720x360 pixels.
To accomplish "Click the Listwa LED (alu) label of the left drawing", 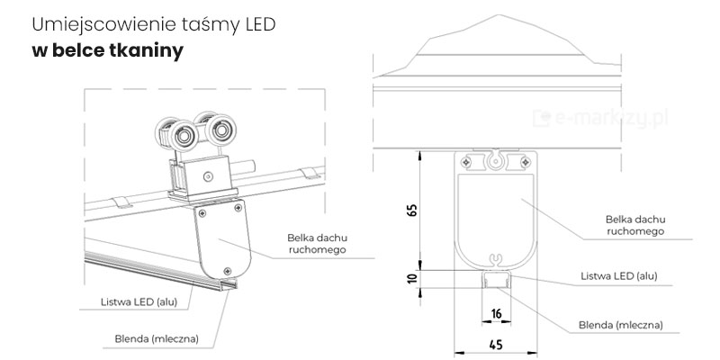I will [140, 302].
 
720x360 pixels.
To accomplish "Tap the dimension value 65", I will [412, 211].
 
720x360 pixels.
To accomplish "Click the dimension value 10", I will [412, 278].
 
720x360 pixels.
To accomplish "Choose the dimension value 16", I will [496, 314].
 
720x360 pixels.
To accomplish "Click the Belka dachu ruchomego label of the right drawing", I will [635, 224].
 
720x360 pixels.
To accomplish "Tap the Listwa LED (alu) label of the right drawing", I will [618, 275].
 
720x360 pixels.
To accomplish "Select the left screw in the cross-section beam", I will [465, 162].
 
